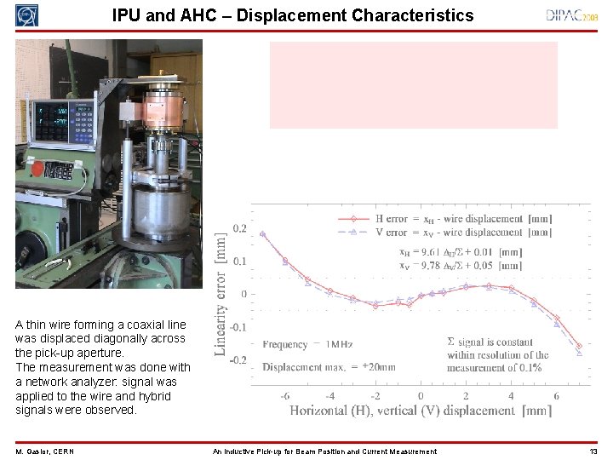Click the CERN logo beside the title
tap(26, 14)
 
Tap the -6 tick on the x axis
tap(284, 396)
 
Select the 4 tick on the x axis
tap(511, 396)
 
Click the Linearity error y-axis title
tap(221, 294)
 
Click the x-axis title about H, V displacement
tap(421, 411)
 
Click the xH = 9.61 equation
tap(461, 252)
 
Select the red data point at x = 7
tap(579, 346)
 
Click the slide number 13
tap(593, 451)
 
